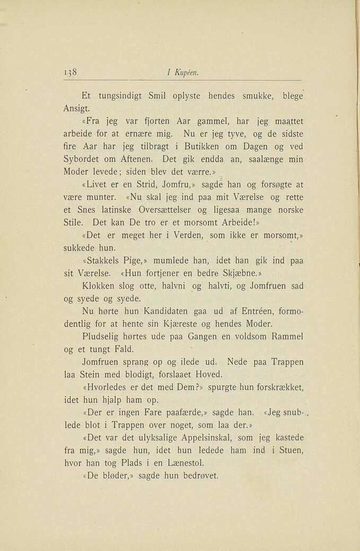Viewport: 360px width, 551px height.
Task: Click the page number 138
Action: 71,73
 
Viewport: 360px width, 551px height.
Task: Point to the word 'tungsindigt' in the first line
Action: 125,97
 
